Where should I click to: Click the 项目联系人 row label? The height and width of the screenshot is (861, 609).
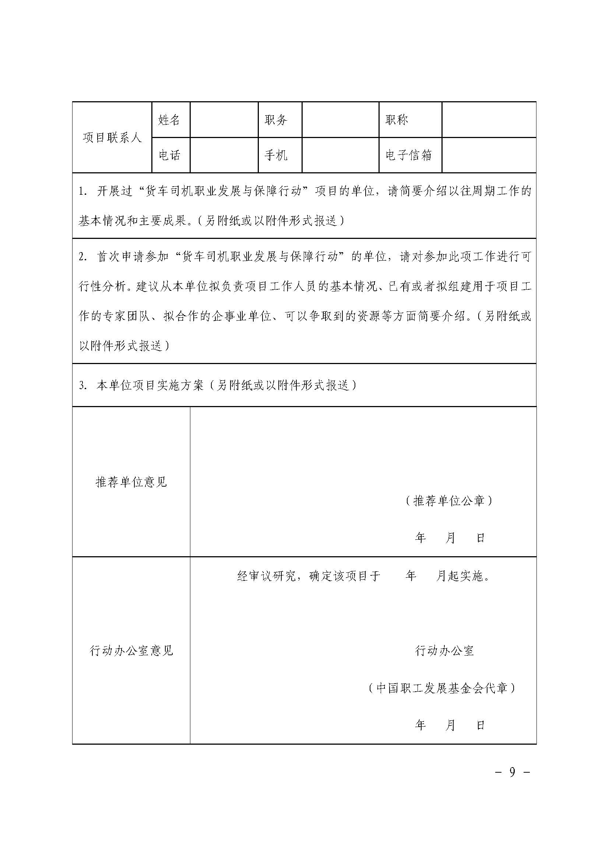tap(112, 138)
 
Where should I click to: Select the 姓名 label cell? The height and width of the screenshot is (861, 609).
tap(169, 120)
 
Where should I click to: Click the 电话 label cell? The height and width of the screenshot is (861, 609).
tap(169, 155)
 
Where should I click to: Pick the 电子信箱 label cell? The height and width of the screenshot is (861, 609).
tap(408, 155)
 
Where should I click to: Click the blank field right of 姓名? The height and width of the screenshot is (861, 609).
tap(224, 120)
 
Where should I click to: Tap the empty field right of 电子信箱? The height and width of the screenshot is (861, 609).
tap(489, 155)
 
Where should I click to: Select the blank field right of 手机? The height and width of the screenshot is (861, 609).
tap(340, 155)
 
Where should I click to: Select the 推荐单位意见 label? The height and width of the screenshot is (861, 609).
tap(131, 481)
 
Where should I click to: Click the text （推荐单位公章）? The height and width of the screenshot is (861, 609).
tap(448, 501)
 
